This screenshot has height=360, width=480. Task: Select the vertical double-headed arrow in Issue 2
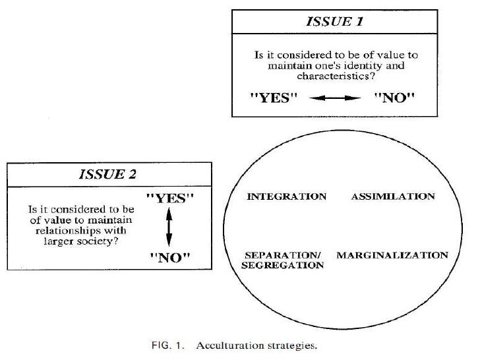point(169,225)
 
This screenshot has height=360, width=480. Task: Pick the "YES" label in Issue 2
point(169,198)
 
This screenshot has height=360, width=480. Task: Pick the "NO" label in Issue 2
point(169,257)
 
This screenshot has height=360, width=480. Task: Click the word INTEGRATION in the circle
point(285,196)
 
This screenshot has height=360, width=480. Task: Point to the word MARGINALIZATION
point(392,255)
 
